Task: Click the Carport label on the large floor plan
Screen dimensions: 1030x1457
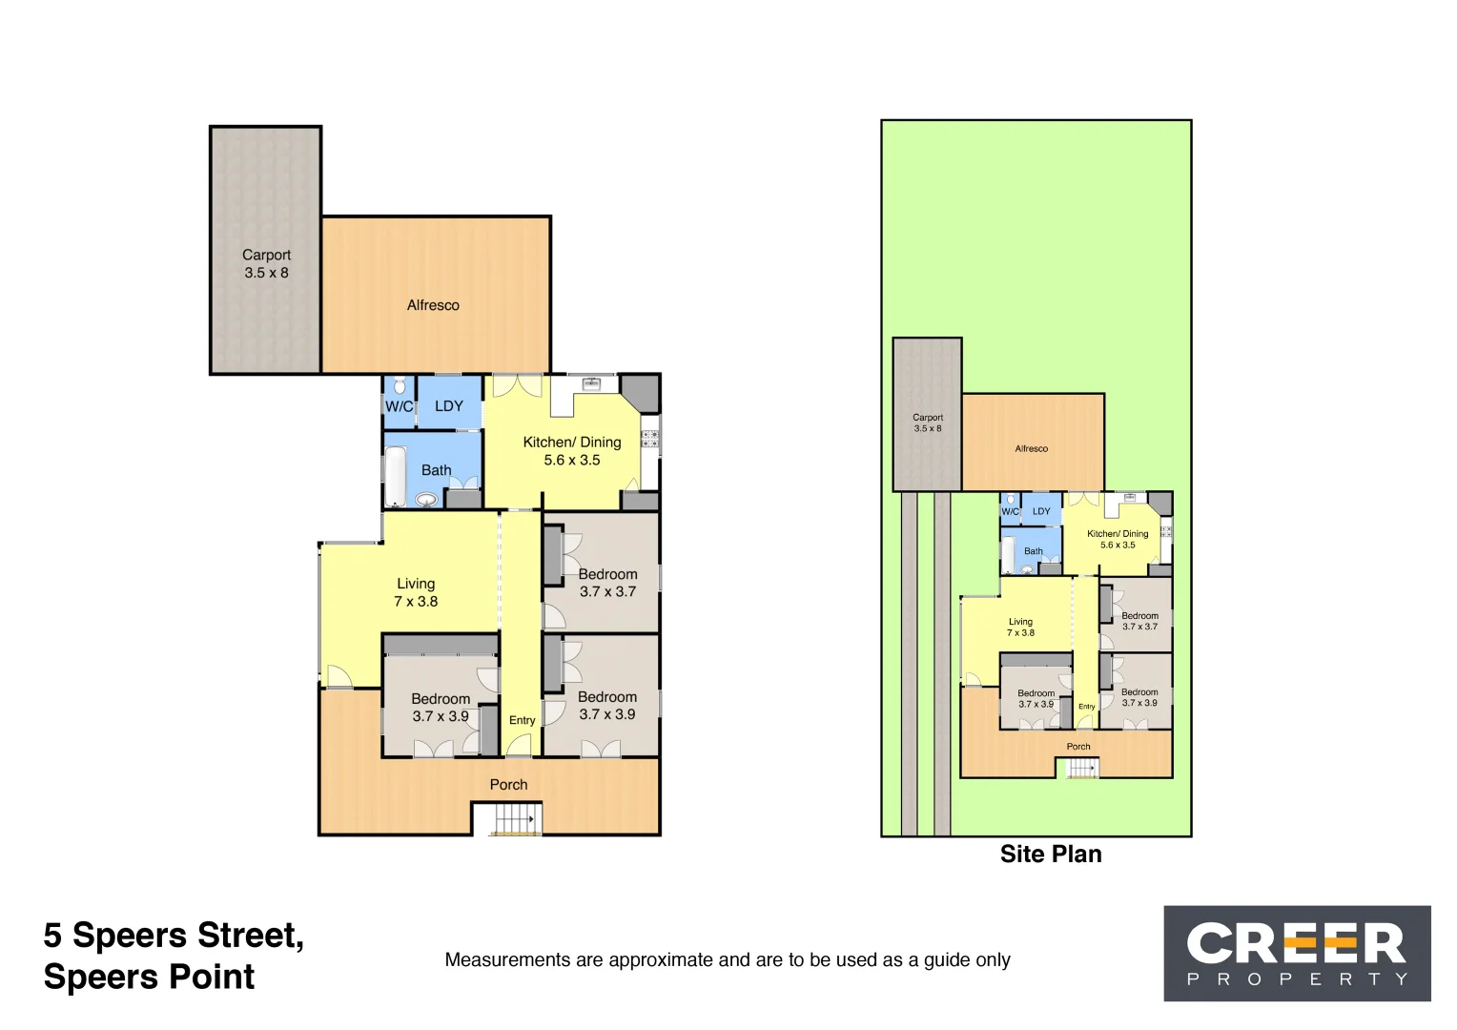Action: click(266, 256)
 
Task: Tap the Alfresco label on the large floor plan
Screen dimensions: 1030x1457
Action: click(433, 305)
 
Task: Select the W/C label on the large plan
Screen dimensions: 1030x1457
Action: click(399, 406)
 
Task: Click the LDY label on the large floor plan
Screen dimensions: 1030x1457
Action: click(449, 406)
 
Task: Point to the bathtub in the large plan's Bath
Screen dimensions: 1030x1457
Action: click(395, 476)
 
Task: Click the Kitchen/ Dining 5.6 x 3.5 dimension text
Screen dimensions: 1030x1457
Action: click(572, 460)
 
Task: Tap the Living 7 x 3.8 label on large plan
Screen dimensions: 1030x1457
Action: click(416, 592)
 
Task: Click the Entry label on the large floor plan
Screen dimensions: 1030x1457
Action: click(522, 720)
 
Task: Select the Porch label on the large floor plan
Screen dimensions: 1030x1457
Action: click(508, 785)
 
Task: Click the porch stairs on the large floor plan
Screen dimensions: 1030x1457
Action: click(514, 819)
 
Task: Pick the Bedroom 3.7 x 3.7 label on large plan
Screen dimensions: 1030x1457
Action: click(607, 583)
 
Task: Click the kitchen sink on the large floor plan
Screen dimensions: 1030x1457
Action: click(591, 383)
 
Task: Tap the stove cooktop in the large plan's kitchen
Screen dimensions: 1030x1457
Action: click(649, 439)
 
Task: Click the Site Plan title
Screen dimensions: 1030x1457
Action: click(1051, 855)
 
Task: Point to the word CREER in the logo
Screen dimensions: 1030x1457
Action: click(1296, 944)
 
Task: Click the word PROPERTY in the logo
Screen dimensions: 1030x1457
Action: click(1297, 979)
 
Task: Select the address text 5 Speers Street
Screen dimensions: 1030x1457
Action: click(174, 936)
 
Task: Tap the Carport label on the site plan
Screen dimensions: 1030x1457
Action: click(928, 418)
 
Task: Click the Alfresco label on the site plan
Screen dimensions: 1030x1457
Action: click(1031, 448)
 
